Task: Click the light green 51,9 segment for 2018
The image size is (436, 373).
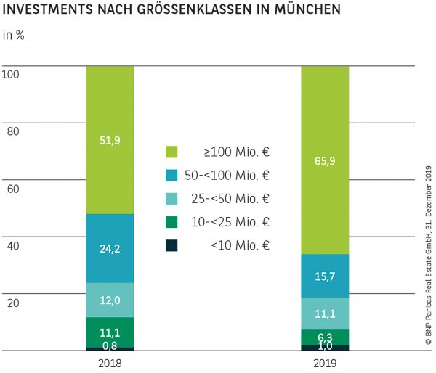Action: (110, 140)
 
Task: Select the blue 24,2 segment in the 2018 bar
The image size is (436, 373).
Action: (110, 248)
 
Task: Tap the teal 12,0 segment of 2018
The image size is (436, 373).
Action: (110, 300)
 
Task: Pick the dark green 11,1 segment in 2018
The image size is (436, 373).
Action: (110, 332)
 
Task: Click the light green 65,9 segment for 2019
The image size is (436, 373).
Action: (325, 160)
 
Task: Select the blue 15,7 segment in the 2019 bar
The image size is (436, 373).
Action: (325, 276)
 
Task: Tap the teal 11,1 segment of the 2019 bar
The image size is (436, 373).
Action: (325, 313)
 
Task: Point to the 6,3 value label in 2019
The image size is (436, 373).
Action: (325, 337)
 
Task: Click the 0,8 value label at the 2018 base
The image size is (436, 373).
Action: (110, 345)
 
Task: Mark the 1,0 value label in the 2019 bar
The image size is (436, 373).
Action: (325, 347)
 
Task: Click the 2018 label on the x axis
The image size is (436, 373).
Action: (110, 363)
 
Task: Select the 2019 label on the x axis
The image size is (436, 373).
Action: (325, 363)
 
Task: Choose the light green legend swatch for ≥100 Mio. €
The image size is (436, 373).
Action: (171, 152)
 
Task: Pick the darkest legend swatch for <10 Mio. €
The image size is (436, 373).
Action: (171, 245)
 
